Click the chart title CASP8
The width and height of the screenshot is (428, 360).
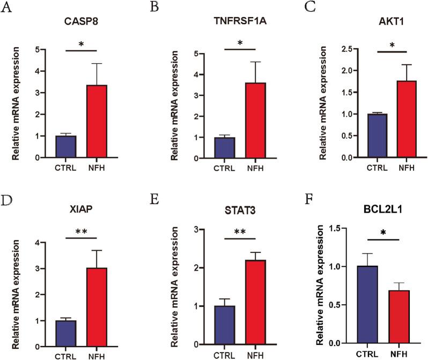tap(78, 24)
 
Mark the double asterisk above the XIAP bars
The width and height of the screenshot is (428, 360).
tap(80, 231)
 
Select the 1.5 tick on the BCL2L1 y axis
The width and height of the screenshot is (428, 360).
tap(321, 228)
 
